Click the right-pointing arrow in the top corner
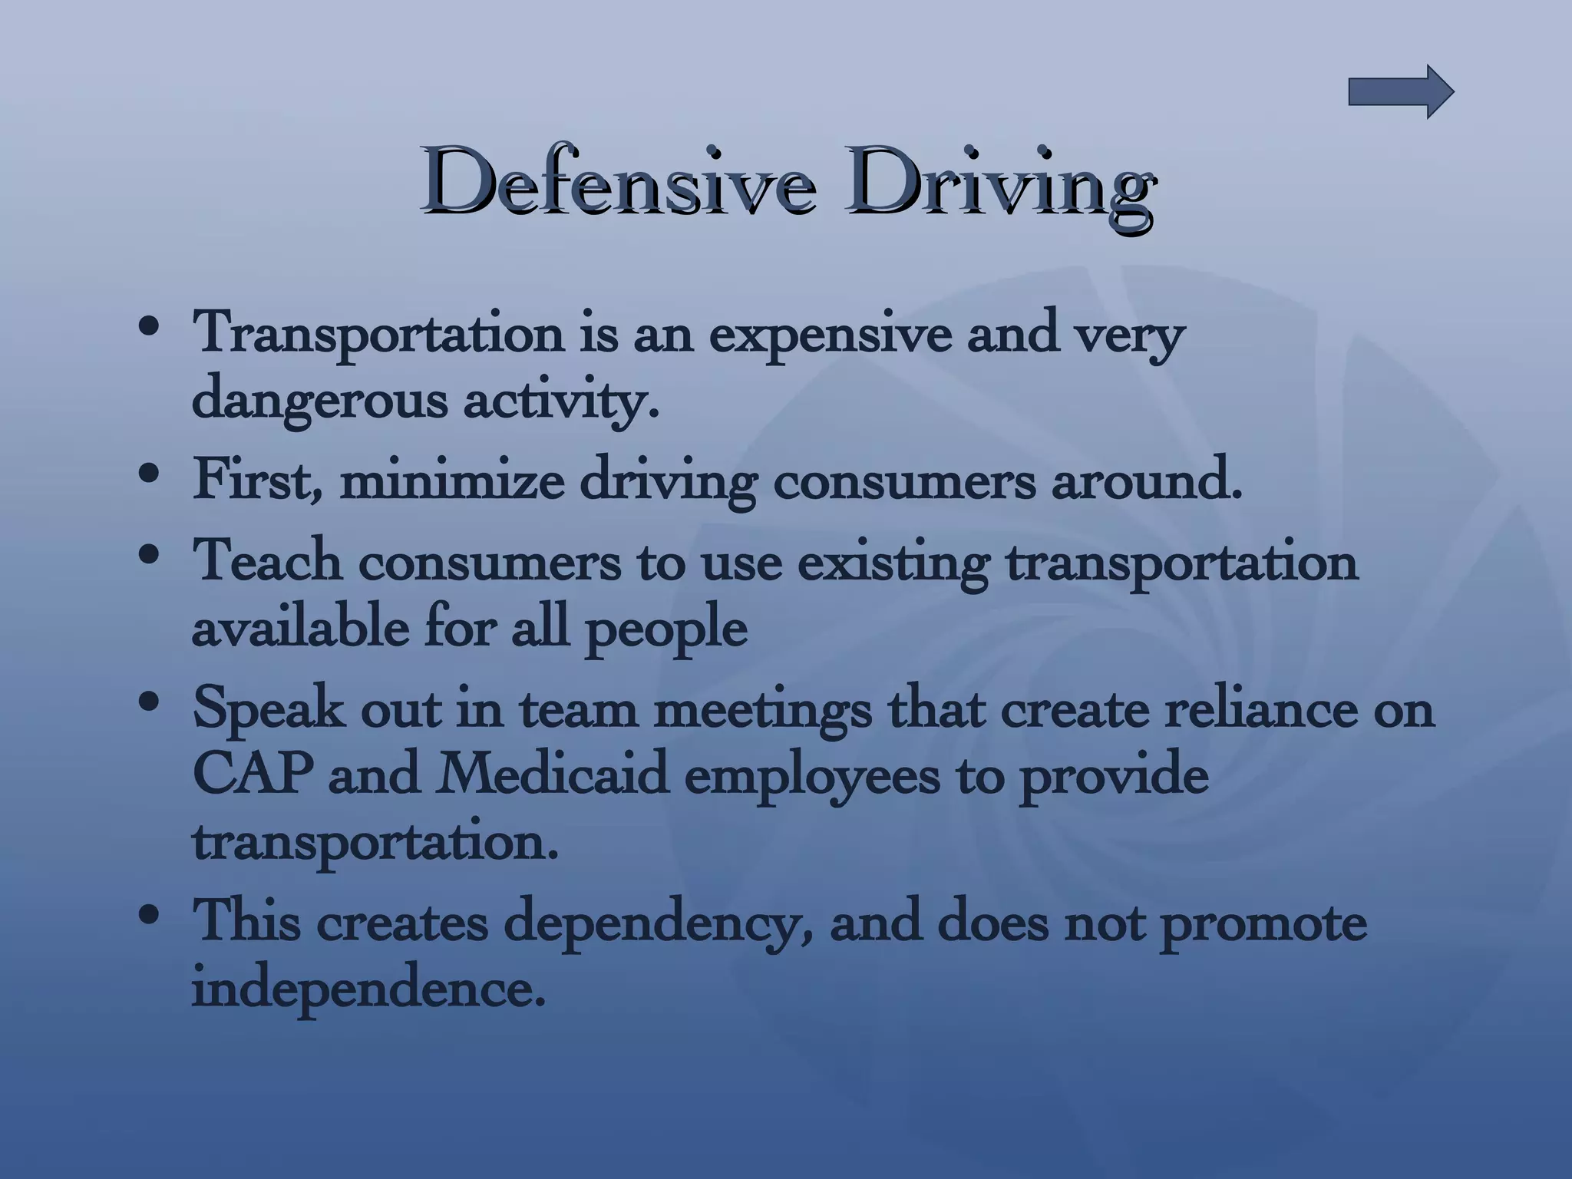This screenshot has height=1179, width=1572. pos(1401,92)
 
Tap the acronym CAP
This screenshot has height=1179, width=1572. pos(253,774)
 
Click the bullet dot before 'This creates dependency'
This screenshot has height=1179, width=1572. pos(151,916)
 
